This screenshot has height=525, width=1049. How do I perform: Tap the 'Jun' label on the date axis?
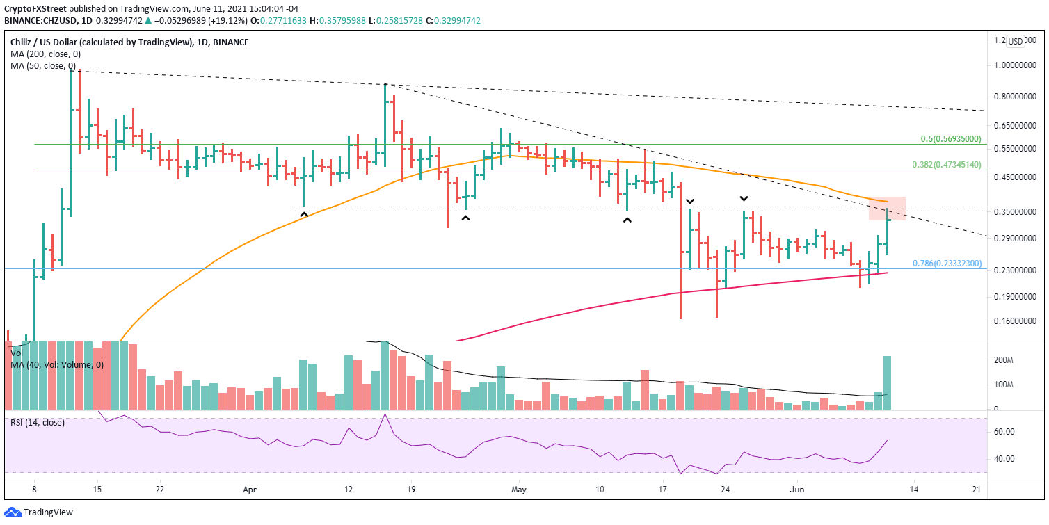[798, 490]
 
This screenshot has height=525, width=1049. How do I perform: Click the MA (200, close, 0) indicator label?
[43, 54]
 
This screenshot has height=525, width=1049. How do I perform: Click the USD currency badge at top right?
[1016, 42]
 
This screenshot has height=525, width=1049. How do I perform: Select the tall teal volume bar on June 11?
[887, 382]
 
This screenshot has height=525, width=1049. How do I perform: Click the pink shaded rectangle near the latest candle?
[887, 209]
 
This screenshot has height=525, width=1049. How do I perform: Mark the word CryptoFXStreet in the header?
[35, 8]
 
